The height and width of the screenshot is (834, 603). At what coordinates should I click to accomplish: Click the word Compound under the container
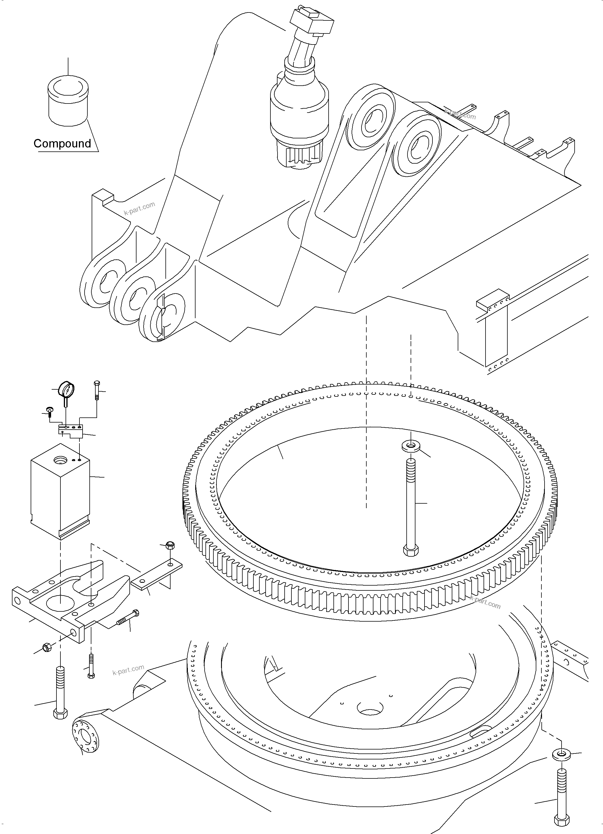[x=62, y=143]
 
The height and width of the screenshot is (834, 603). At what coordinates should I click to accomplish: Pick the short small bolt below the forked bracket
[x=91, y=666]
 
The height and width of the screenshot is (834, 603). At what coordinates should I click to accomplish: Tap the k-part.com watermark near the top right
[x=460, y=114]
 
